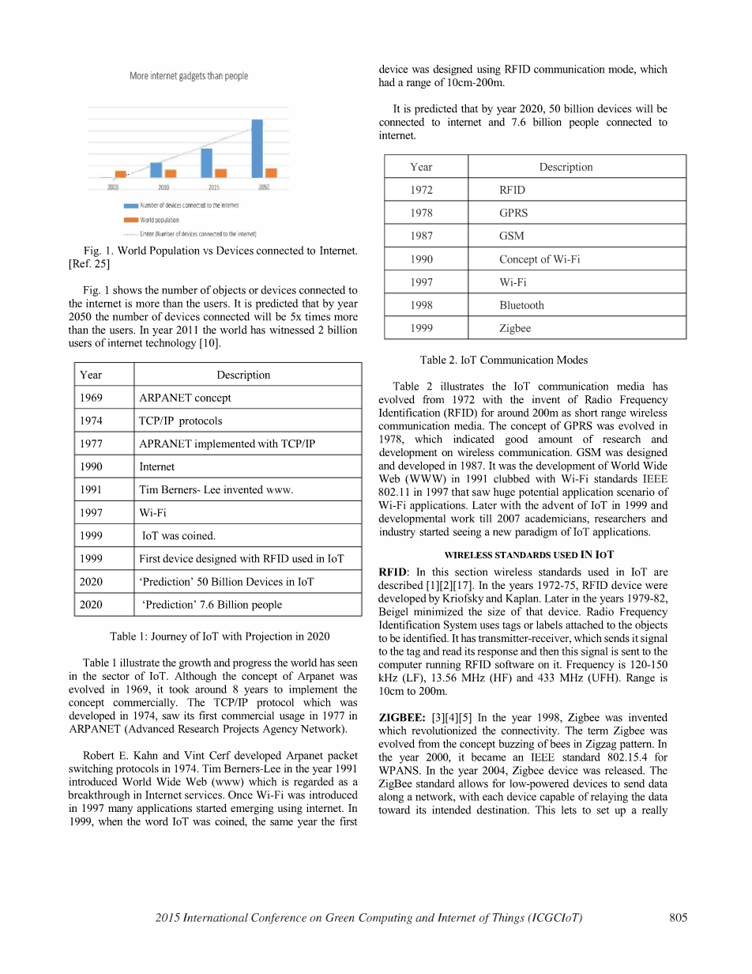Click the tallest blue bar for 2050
pos(257,149)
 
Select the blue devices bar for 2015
pos(206,163)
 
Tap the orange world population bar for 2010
pos(171,173)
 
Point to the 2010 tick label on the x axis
pos(164,187)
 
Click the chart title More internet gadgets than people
pos(189,76)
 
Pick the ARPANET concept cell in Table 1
pos(185,398)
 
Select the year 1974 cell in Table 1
pos(91,421)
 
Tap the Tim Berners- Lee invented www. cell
pos(216,489)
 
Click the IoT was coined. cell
pos(178,535)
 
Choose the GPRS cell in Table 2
pos(513,213)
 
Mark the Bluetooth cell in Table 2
pos(521,305)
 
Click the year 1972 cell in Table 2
pos(422,190)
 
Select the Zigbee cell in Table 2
pos(515,328)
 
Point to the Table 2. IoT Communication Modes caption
pos(504,360)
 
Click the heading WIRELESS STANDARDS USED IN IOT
pos(529,555)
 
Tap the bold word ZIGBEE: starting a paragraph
pos(404,718)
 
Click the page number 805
pos(678,918)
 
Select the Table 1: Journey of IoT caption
pos(220,636)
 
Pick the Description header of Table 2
pos(566,167)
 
